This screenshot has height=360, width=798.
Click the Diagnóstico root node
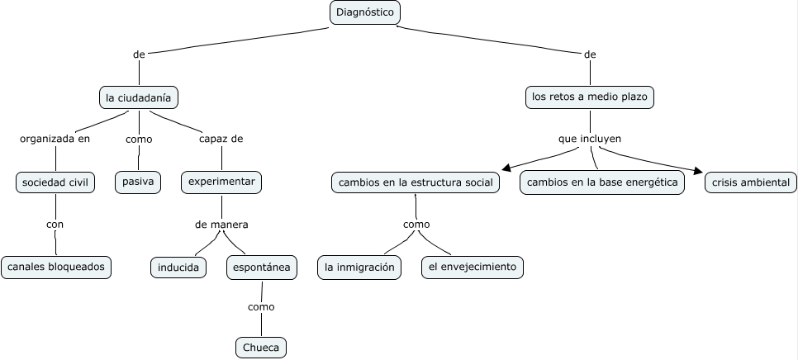click(x=365, y=12)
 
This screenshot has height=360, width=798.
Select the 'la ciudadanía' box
click(x=139, y=97)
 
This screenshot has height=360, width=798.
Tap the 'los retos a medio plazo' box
click(x=590, y=97)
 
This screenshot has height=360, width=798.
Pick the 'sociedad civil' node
click(x=55, y=182)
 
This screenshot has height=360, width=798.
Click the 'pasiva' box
click(x=137, y=182)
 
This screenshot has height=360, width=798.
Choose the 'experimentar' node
click(x=221, y=182)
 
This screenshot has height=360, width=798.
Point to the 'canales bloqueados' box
click(x=56, y=267)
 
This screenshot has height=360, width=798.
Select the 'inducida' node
click(x=178, y=267)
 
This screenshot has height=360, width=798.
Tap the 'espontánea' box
click(x=262, y=267)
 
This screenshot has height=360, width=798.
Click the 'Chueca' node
click(x=262, y=348)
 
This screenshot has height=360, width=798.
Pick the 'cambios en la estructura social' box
click(x=416, y=182)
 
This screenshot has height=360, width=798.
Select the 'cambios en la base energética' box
click(x=602, y=182)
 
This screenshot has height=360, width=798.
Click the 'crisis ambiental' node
click(x=751, y=182)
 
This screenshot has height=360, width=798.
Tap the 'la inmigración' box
click(x=359, y=267)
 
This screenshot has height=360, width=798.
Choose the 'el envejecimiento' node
click(x=472, y=267)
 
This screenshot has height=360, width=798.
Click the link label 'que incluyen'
click(x=590, y=139)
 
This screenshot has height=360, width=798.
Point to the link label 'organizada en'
click(x=55, y=139)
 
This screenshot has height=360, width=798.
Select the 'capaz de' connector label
click(x=221, y=139)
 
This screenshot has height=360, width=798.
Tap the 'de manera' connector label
click(x=221, y=224)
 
